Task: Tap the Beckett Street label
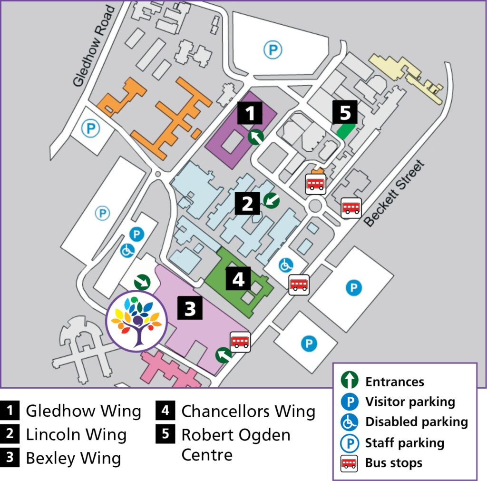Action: [x=394, y=194]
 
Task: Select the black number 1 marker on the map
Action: [x=250, y=114]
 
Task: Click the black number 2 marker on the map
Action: [x=247, y=204]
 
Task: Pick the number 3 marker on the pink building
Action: [x=190, y=308]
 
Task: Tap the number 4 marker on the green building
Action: [x=238, y=279]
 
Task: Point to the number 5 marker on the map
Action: [x=345, y=112]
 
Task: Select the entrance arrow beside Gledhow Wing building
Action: [x=256, y=137]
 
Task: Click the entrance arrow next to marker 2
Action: [x=271, y=200]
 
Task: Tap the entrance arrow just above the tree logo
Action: [x=142, y=282]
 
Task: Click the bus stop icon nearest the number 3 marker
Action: [x=240, y=341]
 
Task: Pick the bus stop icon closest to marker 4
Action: [x=299, y=285]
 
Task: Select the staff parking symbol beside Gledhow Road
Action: [x=89, y=127]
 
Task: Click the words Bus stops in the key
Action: [x=393, y=462]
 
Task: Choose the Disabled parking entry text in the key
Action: [x=416, y=422]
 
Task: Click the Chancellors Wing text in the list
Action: [x=248, y=411]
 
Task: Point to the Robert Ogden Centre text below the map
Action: [x=235, y=444]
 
